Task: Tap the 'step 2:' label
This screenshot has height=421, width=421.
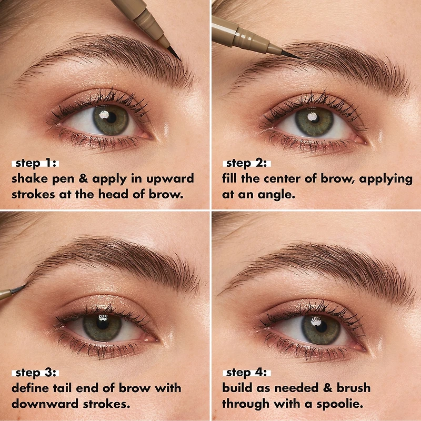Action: coord(246,163)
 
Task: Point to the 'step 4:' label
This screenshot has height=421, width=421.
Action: coord(246,373)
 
